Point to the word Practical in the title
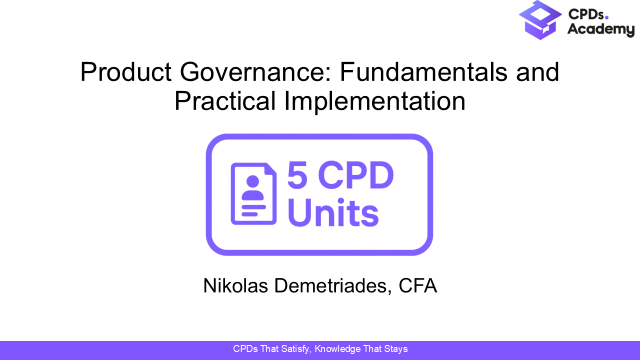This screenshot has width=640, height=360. pyautogui.click(x=225, y=101)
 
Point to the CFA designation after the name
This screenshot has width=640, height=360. pyautogui.click(x=418, y=286)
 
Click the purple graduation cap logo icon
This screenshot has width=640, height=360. pyautogui.click(x=540, y=20)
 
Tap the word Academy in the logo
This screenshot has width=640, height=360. pyautogui.click(x=600, y=30)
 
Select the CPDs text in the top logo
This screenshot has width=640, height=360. pyautogui.click(x=585, y=14)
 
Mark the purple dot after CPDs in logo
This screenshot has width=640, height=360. pyautogui.click(x=607, y=18)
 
